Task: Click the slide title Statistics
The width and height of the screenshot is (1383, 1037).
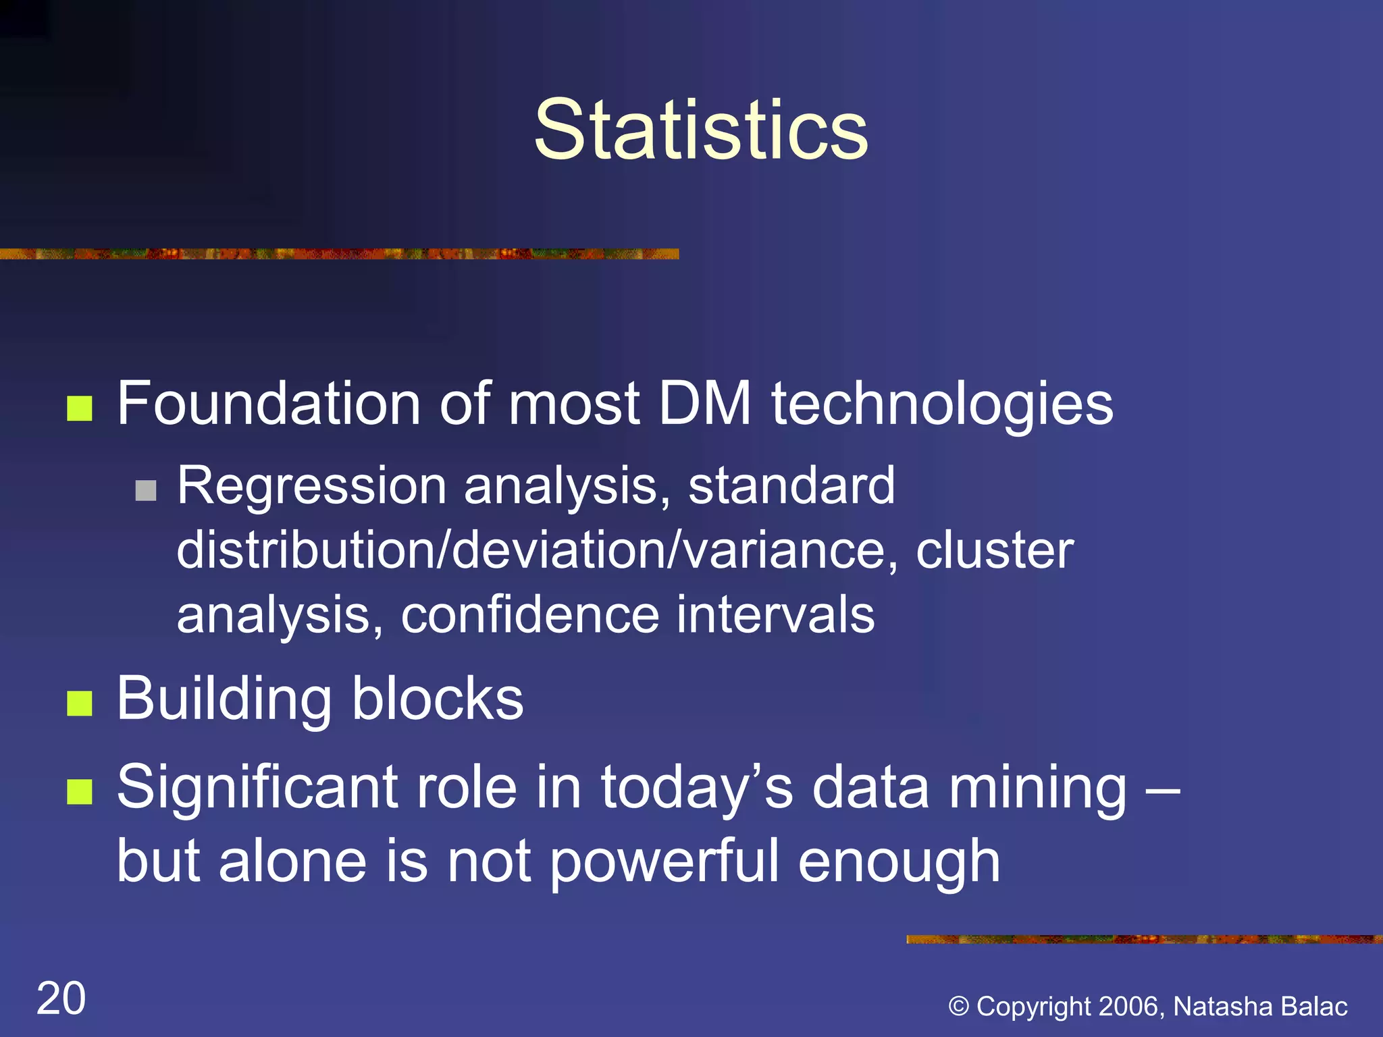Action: pos(700,130)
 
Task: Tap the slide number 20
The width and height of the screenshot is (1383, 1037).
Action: pos(61,999)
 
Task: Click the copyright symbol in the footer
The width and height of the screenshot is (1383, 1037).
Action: pos(959,1007)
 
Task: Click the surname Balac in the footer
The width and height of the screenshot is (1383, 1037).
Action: pos(1314,1007)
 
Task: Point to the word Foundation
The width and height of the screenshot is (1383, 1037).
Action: pos(269,404)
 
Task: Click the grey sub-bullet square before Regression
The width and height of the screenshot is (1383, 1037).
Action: pos(146,490)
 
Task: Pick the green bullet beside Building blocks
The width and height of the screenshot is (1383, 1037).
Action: pos(80,703)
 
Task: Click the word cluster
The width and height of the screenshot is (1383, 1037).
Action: pos(994,551)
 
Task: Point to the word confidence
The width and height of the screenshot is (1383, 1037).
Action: pos(529,615)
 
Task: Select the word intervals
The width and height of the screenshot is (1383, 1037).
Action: pos(775,615)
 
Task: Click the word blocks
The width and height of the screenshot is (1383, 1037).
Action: pos(437,699)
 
